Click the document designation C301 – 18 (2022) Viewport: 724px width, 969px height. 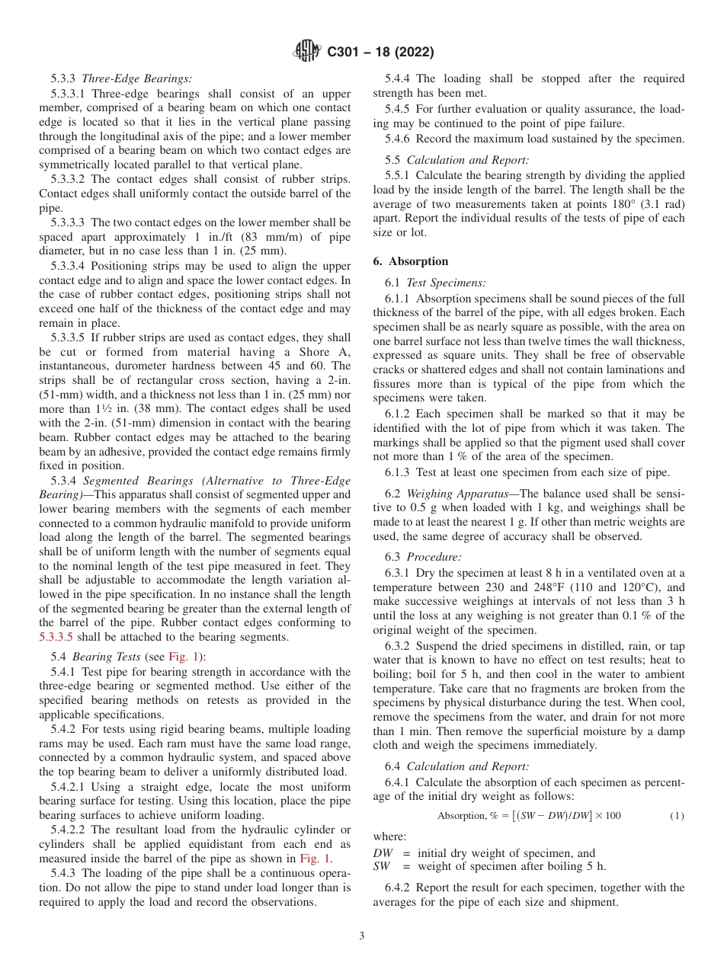coord(380,53)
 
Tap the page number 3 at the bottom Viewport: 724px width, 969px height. coord(362,935)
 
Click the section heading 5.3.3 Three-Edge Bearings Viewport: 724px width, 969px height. coord(121,78)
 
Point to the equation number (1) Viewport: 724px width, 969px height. coord(677,816)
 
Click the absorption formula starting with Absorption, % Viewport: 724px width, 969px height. coord(529,816)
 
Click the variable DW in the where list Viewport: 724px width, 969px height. coord(383,853)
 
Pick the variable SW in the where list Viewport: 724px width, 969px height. coord(383,865)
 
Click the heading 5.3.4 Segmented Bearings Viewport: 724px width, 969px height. coord(200,481)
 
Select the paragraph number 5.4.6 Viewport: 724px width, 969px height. coord(399,139)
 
